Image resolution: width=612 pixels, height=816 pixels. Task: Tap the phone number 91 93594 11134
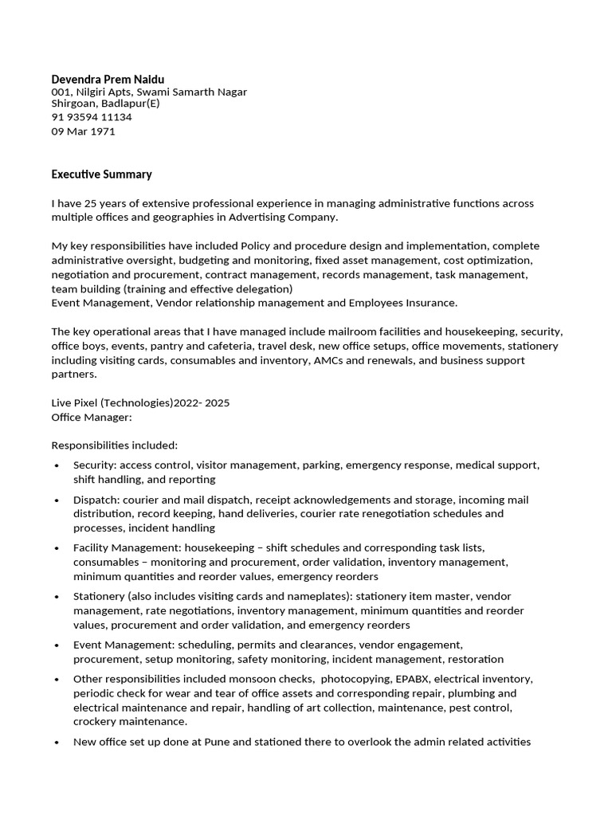click(92, 117)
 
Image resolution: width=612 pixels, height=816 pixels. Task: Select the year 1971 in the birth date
click(102, 131)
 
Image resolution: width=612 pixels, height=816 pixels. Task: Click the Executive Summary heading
click(101, 175)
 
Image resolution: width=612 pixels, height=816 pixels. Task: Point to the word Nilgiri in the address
click(93, 92)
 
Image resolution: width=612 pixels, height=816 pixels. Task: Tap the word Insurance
click(430, 303)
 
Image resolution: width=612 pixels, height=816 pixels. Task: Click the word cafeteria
click(211, 347)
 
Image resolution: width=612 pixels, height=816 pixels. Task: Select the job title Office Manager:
click(92, 418)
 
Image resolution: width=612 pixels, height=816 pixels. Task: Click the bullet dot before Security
click(57, 466)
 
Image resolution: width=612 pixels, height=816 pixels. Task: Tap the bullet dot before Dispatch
click(57, 501)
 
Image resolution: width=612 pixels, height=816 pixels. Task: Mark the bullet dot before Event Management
click(57, 646)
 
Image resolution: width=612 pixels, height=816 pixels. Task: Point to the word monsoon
click(250, 680)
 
